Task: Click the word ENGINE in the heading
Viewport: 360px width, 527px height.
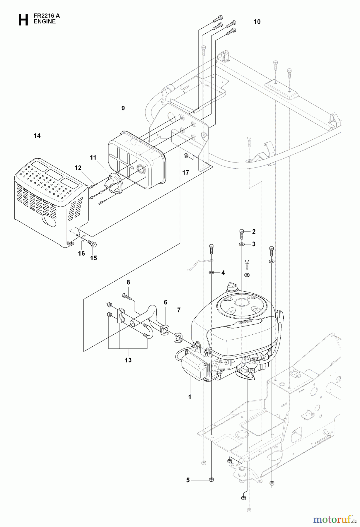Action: (45, 21)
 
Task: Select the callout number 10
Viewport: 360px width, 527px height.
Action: (257, 22)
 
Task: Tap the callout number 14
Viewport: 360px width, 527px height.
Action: (37, 136)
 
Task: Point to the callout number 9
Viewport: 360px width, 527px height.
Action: (123, 108)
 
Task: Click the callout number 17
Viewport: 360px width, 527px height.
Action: (186, 172)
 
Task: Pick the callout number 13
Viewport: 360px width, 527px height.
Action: (128, 360)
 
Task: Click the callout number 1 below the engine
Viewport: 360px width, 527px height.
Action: (190, 397)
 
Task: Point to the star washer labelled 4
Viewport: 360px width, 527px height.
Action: (211, 273)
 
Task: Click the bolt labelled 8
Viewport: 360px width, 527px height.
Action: (127, 296)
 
